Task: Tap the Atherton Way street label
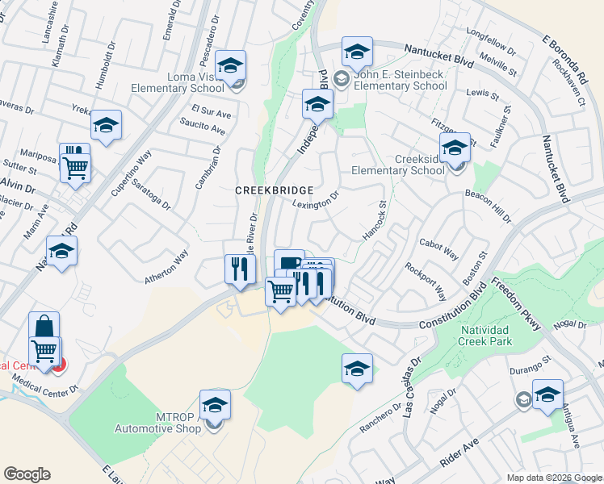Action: click(x=166, y=267)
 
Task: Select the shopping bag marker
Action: click(x=44, y=328)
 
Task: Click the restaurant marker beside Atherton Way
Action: click(x=238, y=269)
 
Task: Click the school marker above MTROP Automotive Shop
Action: click(x=216, y=404)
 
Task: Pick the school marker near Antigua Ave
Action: click(x=547, y=394)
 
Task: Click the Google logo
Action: click(x=27, y=474)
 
